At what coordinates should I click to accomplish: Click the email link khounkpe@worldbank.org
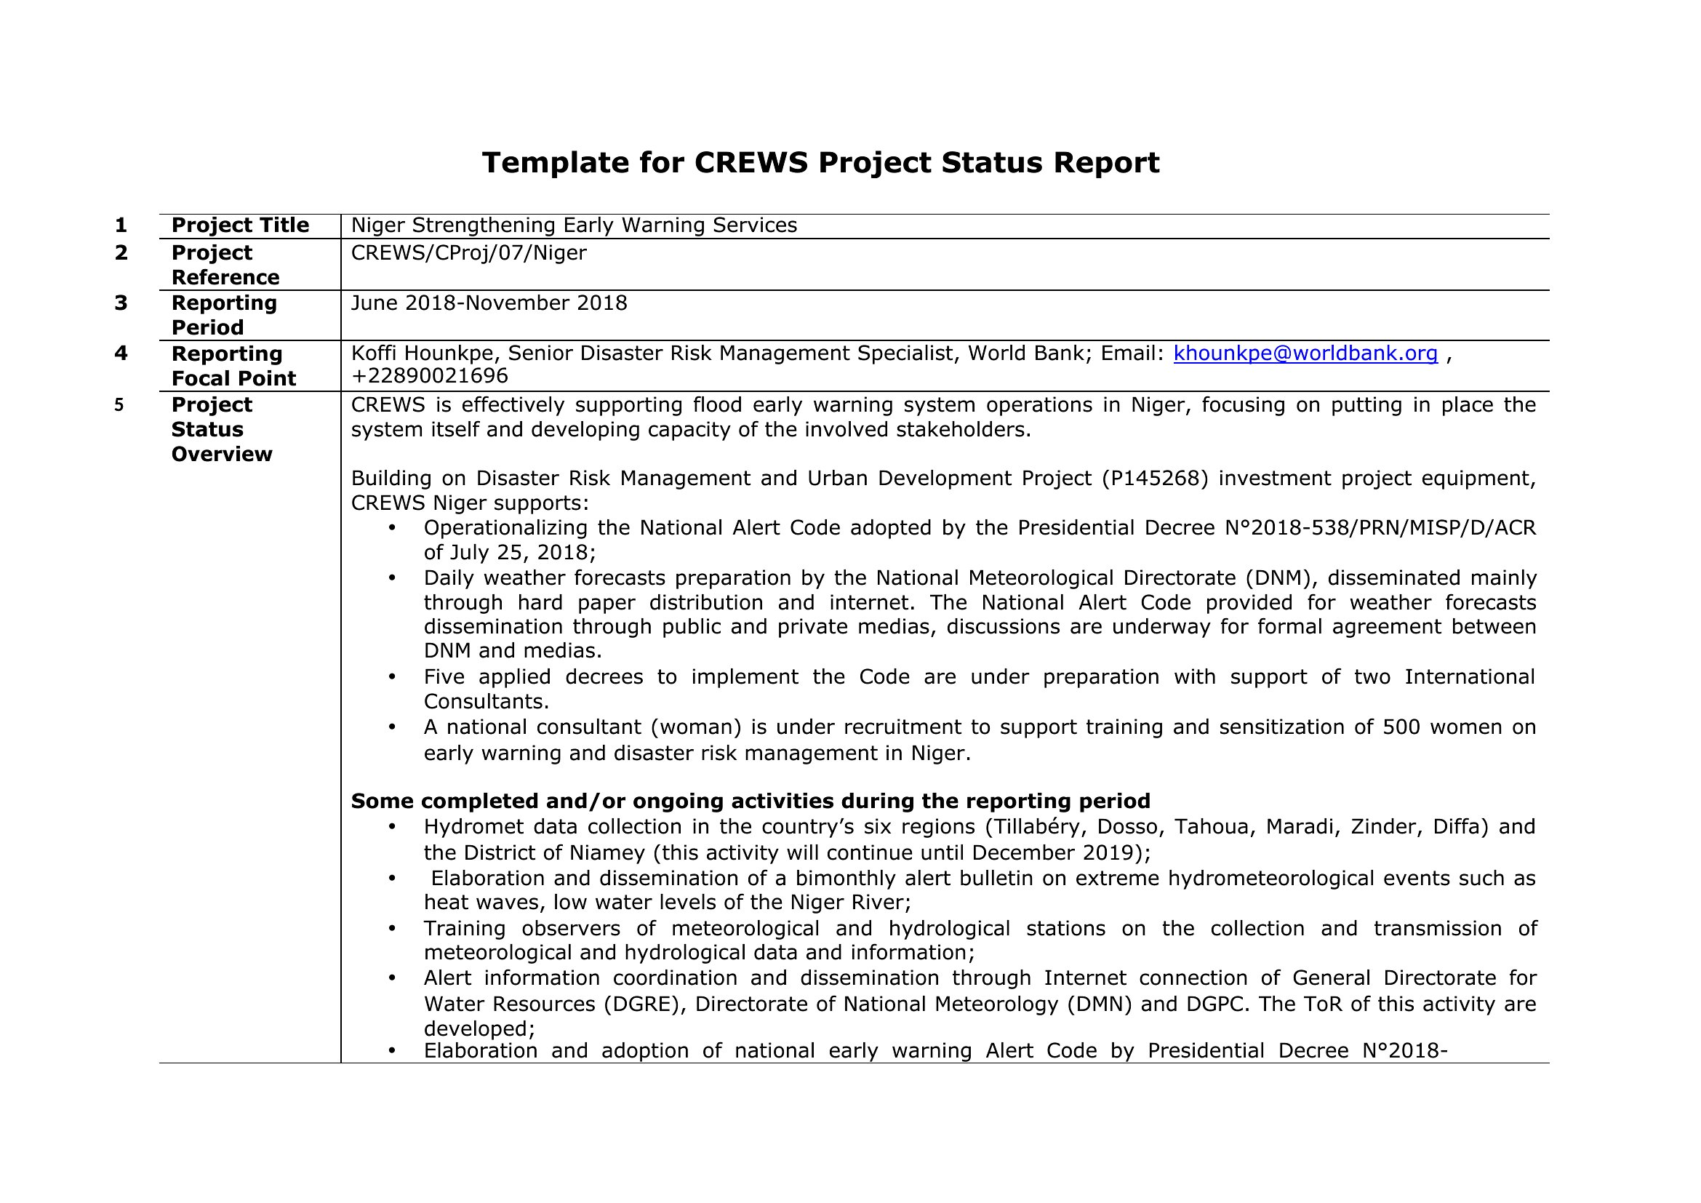[1305, 353]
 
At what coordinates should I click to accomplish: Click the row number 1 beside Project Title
[121, 225]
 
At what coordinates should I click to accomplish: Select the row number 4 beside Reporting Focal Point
[121, 353]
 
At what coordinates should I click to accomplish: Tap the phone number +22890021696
[429, 376]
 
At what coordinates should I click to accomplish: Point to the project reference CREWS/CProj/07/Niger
[468, 253]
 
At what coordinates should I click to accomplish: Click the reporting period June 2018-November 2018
[489, 303]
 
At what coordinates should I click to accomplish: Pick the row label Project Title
[240, 225]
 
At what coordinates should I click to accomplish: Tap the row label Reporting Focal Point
[233, 366]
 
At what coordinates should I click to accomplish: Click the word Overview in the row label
[222, 454]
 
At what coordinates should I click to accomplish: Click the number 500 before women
[1401, 727]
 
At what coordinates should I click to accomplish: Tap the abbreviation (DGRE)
[644, 1004]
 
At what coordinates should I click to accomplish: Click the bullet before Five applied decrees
[392, 677]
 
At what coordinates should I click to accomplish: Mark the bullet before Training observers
[392, 929]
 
